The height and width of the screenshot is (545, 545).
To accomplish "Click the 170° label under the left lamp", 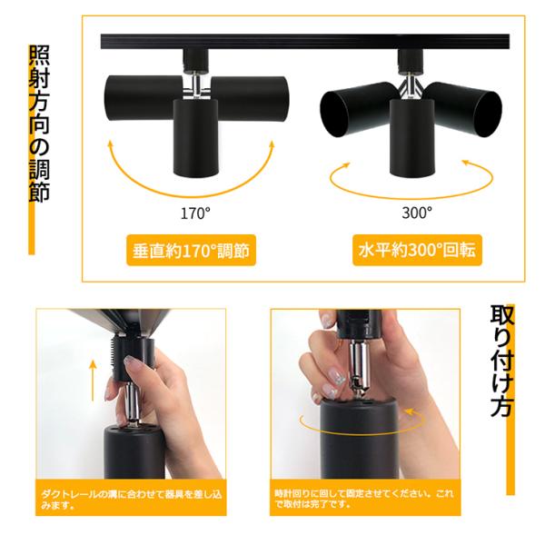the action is click(195, 213).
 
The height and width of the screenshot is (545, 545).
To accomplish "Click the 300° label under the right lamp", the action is click(417, 213).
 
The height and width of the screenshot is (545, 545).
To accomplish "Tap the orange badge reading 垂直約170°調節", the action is click(191, 251).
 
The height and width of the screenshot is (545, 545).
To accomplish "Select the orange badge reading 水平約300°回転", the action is click(417, 251).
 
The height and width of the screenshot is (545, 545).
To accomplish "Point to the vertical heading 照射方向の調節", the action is click(39, 124).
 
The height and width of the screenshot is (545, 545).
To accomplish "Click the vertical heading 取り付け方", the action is click(501, 361).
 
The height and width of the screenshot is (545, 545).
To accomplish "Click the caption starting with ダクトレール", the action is click(131, 499).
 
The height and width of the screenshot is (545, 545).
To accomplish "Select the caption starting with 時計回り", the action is click(364, 498).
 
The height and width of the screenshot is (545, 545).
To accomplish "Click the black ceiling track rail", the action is click(305, 42).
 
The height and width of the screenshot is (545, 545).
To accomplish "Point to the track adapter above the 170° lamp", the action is click(195, 61).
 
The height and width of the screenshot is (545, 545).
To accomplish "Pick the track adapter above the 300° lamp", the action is click(411, 61).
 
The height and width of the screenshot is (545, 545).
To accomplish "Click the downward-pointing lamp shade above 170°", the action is click(196, 137).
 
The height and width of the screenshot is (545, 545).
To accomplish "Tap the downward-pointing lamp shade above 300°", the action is click(412, 137).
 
